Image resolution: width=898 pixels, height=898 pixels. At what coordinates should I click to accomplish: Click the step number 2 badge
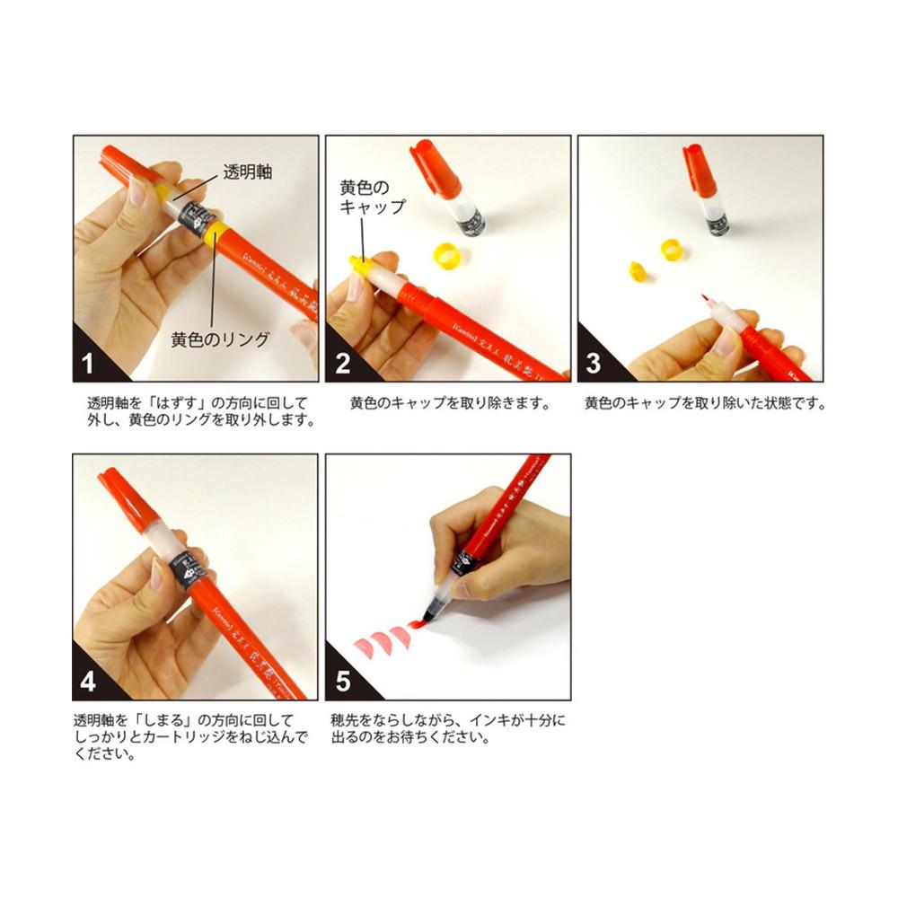[341, 363]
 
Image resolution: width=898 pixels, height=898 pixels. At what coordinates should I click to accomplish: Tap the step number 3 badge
[594, 363]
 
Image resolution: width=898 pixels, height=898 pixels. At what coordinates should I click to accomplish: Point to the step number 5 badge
[342, 682]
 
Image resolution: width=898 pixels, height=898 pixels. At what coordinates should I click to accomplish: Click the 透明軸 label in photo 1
[247, 172]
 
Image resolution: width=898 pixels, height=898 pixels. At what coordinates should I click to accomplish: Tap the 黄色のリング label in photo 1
[220, 339]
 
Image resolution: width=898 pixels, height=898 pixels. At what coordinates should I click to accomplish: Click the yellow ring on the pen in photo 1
[215, 233]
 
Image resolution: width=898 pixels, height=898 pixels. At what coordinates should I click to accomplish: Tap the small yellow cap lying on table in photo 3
[636, 269]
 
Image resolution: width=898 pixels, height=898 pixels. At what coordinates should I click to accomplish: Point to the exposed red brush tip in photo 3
[704, 299]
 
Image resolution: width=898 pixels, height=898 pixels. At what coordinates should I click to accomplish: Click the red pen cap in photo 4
[121, 498]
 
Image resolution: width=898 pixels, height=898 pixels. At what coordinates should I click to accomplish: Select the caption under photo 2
[449, 403]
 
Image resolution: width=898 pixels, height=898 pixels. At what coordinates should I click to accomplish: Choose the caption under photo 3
[704, 403]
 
